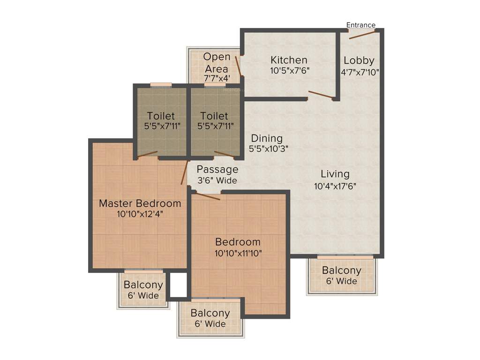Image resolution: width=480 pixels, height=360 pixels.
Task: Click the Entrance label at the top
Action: (x=360, y=25)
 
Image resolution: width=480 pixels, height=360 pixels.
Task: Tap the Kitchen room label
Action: (x=289, y=60)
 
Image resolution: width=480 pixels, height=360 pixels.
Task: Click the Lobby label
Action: (x=359, y=60)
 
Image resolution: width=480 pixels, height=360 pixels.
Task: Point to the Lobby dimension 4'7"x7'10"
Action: (x=360, y=72)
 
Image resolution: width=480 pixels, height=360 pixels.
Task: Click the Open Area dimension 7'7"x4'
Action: (x=217, y=78)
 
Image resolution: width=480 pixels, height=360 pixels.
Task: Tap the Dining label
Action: (x=267, y=138)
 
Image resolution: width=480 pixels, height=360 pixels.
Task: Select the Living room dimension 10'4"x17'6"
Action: (x=335, y=186)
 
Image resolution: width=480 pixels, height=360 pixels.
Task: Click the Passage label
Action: (x=217, y=169)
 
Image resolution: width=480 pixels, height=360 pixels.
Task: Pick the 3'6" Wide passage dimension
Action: (x=217, y=180)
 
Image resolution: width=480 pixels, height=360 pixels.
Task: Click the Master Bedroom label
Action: (x=140, y=203)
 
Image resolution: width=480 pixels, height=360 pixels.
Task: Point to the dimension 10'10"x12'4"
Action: (x=140, y=214)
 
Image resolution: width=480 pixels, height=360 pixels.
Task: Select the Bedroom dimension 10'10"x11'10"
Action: (x=238, y=253)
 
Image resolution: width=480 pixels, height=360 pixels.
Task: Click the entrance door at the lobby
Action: (x=362, y=34)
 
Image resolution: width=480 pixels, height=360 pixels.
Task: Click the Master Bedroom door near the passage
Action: (x=184, y=172)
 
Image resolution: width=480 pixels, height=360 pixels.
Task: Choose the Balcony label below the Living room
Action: (x=341, y=270)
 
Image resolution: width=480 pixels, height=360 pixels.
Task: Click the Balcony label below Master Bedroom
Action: (x=143, y=285)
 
